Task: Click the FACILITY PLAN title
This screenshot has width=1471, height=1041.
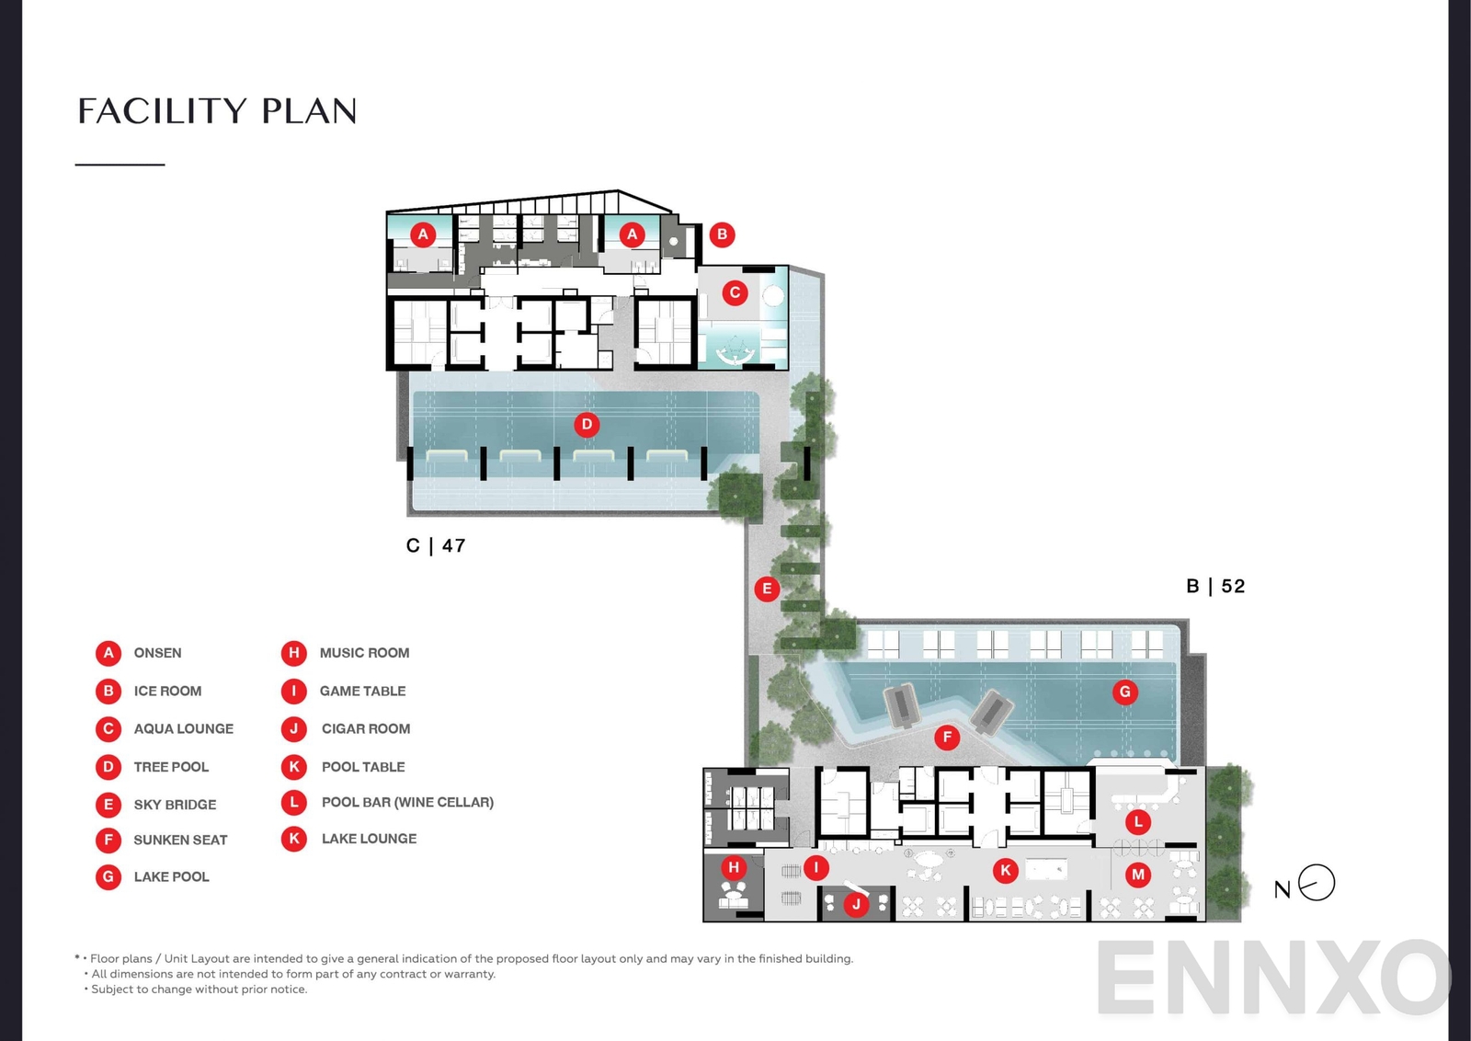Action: coord(217,111)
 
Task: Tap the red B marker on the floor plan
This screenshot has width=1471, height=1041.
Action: coord(722,235)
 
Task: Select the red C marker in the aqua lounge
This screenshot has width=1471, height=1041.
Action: coord(735,293)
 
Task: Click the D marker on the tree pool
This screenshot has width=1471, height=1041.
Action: coord(587,425)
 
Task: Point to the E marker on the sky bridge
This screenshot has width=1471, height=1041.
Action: coord(767,589)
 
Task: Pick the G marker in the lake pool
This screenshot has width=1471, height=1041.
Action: coord(1124,692)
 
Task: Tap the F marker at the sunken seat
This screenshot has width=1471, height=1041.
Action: coord(947,737)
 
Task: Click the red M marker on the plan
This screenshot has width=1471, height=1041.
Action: coord(1138,875)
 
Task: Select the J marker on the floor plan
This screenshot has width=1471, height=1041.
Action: coord(856,904)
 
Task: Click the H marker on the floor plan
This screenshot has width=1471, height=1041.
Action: coord(734,867)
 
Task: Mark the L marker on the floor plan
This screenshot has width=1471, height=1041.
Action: coord(1138,822)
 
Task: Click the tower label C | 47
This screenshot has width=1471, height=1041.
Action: coord(436,546)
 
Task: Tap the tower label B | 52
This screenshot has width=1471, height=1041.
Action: coord(1215,587)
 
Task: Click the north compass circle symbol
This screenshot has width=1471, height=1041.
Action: coord(1317,883)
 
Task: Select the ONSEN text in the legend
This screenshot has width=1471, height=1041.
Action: coord(157,653)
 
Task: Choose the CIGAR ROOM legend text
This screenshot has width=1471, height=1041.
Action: coord(366,728)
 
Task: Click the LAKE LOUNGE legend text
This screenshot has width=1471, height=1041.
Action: coord(369,839)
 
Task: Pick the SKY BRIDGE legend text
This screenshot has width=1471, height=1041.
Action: coord(175,805)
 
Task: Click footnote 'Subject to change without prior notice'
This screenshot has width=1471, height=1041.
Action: coord(199,990)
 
